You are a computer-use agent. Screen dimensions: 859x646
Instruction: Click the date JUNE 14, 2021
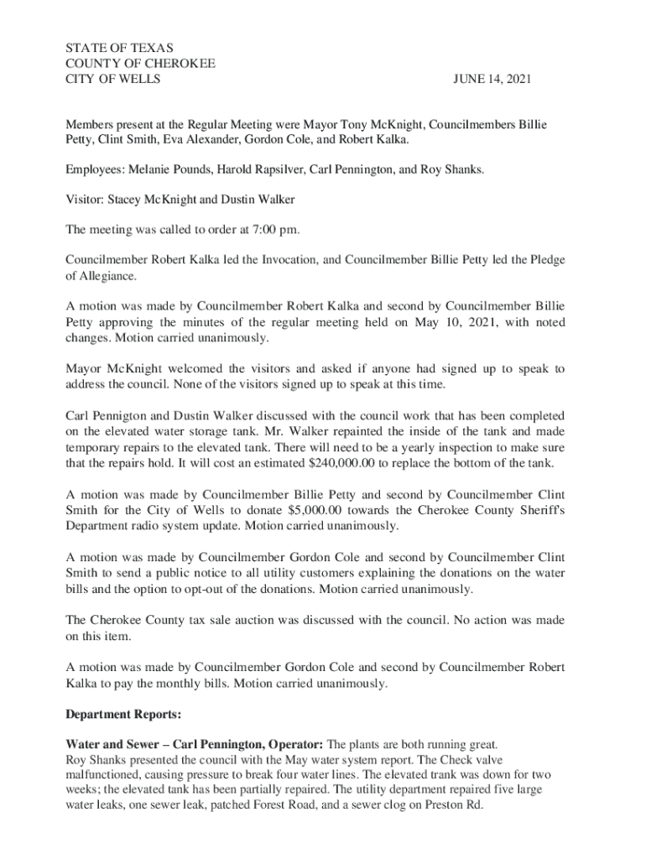492,80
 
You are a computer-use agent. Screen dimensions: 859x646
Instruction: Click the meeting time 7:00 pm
273,229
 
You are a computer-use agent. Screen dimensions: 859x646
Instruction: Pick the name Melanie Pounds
168,169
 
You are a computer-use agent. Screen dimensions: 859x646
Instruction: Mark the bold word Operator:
294,744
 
